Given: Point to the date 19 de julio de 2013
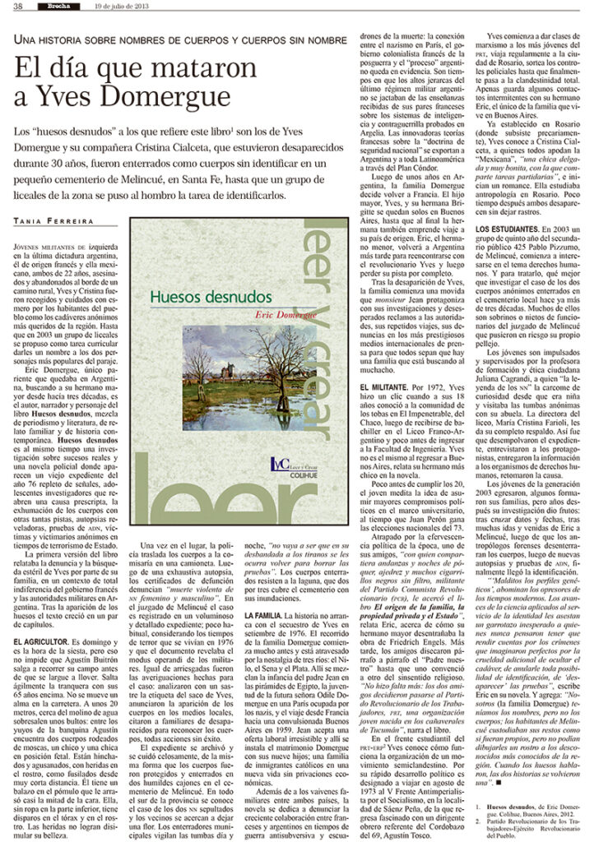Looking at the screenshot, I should (123, 7).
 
